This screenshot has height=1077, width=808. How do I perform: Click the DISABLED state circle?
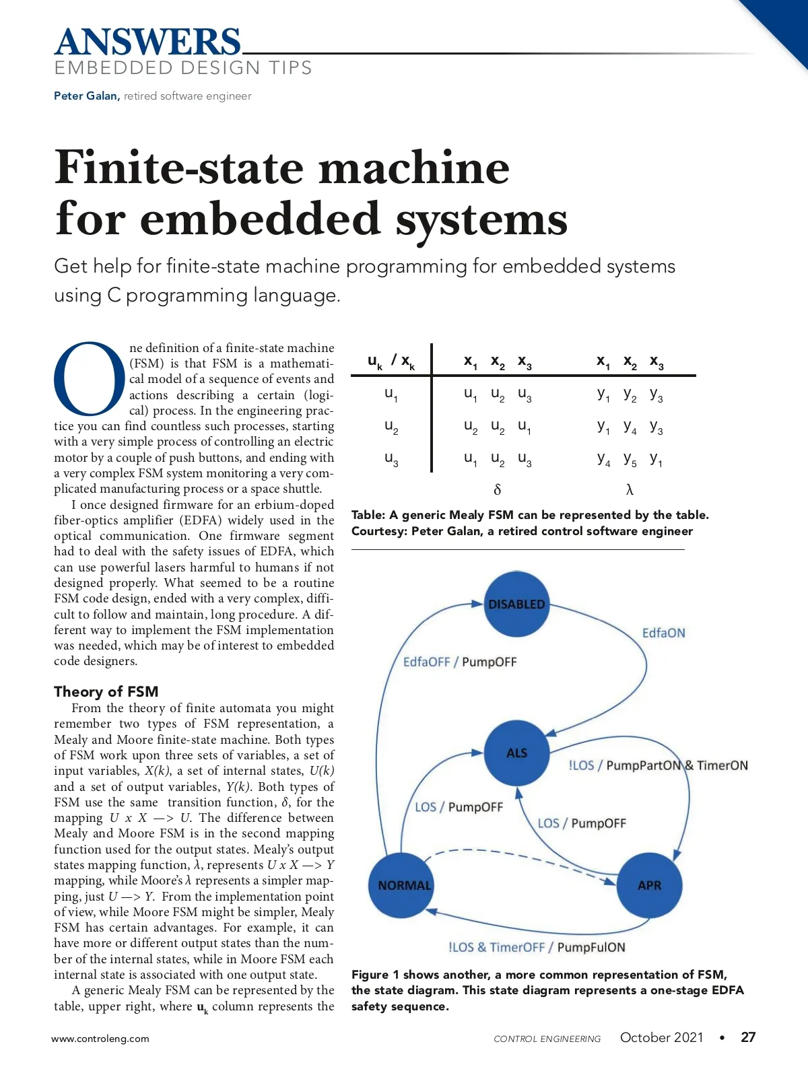[x=516, y=604]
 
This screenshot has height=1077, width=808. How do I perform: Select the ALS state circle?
[x=516, y=753]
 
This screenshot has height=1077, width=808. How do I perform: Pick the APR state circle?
[x=649, y=885]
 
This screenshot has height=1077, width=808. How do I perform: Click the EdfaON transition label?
[x=663, y=633]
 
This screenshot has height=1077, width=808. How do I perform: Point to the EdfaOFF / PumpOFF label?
[x=460, y=662]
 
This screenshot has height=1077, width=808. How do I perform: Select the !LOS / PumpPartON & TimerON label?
[x=658, y=765]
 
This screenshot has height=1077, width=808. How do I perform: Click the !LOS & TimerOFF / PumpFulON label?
[x=537, y=947]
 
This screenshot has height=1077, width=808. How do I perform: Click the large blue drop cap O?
[x=90, y=378]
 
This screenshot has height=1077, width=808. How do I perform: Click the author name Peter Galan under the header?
[x=86, y=96]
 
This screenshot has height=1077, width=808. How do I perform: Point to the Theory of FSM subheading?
[x=106, y=691]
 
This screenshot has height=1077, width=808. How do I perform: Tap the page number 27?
[x=748, y=1037]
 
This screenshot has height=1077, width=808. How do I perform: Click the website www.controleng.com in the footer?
[x=100, y=1039]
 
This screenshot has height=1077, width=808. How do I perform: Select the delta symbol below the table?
[x=498, y=489]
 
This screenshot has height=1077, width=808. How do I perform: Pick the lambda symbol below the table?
[x=630, y=489]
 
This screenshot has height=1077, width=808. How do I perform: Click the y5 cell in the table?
[x=630, y=460]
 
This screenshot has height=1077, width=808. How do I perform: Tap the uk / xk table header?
[x=391, y=361]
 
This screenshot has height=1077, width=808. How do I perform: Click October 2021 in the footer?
[x=661, y=1037]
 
